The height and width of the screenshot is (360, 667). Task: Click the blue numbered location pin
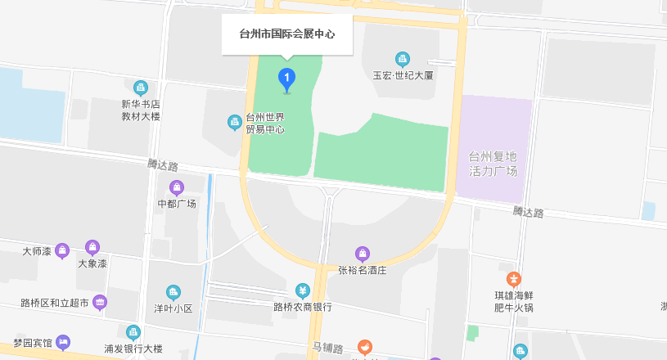coord(286,79)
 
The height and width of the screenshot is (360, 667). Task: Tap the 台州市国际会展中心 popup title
coord(287,35)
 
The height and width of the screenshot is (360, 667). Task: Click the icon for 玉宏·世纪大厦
coord(402,59)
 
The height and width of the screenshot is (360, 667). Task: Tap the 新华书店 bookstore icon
coord(141,88)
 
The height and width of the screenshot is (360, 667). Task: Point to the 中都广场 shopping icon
coord(177,187)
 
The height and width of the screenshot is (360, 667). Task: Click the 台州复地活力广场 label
coord(493,164)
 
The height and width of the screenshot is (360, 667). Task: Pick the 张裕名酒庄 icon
coord(363,253)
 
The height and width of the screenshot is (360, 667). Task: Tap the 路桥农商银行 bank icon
coord(302,291)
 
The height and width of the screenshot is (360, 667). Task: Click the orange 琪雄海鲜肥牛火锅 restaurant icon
coord(514,279)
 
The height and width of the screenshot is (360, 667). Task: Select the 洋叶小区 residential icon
coord(173,292)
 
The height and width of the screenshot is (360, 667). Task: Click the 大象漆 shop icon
coord(92,247)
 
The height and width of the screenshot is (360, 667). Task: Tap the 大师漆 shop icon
coord(62,250)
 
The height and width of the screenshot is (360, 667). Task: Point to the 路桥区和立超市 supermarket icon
coord(100,302)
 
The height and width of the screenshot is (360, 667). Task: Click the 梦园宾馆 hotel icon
coord(63,342)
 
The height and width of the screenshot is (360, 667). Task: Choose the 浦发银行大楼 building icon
coord(133,331)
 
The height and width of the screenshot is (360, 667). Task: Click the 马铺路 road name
coord(327,348)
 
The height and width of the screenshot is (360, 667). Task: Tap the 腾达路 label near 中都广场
coord(163,165)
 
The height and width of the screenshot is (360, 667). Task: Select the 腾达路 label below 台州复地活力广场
coord(528,212)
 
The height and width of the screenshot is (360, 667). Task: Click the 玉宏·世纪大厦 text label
coord(402,74)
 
